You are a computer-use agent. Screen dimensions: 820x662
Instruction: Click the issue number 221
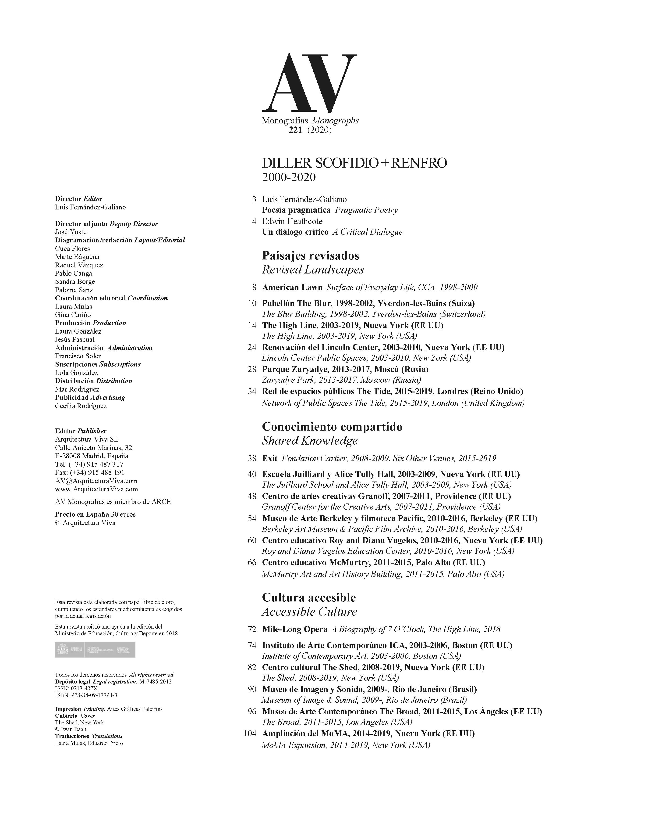pos(296,130)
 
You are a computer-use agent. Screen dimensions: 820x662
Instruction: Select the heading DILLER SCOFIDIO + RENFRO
pos(354,163)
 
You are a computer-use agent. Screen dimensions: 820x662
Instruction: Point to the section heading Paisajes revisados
pos(310,255)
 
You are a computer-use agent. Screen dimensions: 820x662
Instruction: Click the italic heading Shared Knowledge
pos(310,441)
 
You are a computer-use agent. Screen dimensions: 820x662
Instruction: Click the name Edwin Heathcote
pos(292,221)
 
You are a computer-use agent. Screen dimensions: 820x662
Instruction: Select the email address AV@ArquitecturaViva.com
pos(96,481)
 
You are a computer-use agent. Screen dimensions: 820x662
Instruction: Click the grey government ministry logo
pos(95,650)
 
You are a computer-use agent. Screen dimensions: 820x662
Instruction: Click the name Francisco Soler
pos(78,356)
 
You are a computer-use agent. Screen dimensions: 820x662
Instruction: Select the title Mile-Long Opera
pos(294,629)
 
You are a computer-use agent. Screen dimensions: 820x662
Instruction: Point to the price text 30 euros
pos(123,514)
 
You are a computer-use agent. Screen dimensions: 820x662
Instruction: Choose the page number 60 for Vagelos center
pos(252,541)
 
